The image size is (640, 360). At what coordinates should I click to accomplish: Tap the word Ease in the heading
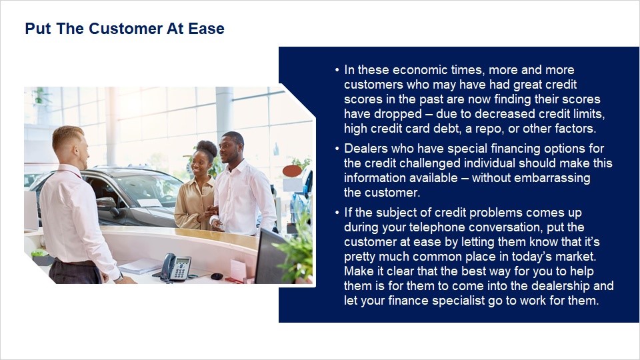click(x=206, y=29)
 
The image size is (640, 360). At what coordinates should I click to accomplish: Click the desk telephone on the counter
click(x=176, y=267)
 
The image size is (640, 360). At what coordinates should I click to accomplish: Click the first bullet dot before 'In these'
click(x=337, y=70)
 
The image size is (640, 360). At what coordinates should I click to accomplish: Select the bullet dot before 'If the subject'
click(x=337, y=213)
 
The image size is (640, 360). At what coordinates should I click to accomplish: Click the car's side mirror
click(x=107, y=204)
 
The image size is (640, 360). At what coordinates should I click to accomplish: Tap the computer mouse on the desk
click(x=217, y=276)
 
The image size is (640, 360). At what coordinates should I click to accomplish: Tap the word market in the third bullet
click(x=574, y=257)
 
